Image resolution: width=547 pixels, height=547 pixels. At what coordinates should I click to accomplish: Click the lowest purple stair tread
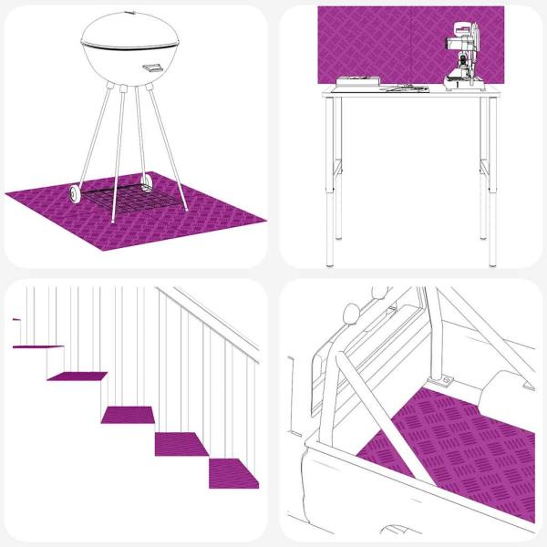pos(234,472)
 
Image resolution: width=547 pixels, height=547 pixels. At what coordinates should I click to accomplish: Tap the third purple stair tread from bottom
pos(128,415)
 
